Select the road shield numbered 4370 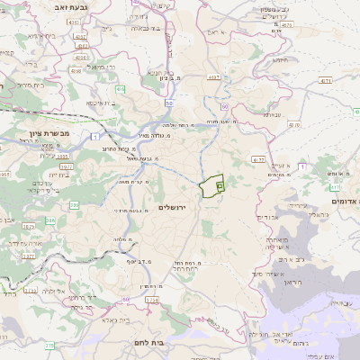[x=215, y=78]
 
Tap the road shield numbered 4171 [x=325, y=81]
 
